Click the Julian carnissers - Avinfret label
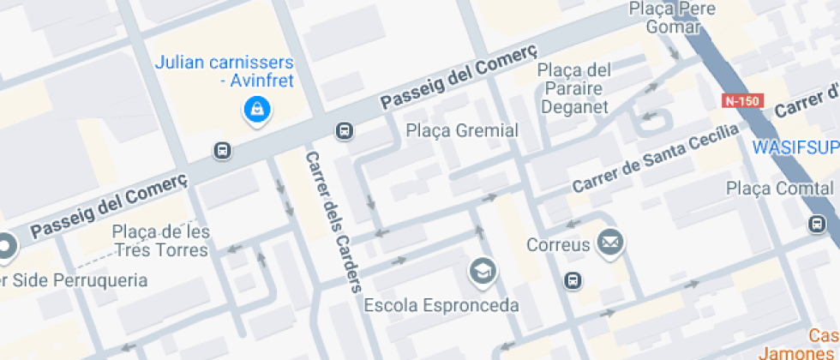224,72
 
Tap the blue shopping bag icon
255,110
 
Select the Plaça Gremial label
462,131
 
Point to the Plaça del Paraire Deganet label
574,88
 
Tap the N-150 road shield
741,100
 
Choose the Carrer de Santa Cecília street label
655,159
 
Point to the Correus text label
558,245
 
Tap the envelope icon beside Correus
610,243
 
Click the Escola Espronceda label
441,305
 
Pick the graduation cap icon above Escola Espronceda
483,273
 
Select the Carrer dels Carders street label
333,221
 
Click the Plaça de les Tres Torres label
160,241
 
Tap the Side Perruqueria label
78,280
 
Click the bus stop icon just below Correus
573,280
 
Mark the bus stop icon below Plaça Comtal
817,225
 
